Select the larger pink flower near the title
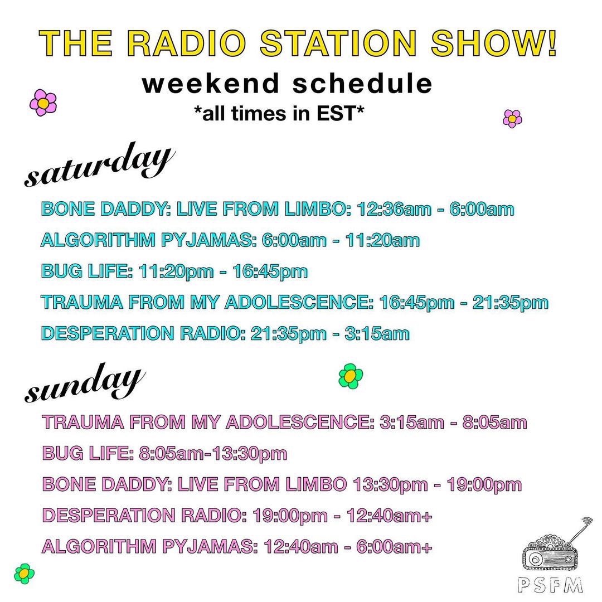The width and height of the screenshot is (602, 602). pos(43,103)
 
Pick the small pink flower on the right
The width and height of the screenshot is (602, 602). pos(512,119)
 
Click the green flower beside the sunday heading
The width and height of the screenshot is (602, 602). pos(351,376)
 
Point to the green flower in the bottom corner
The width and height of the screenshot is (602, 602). pos(24,573)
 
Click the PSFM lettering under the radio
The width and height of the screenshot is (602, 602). pos(550,585)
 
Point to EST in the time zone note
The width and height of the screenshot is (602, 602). pos(341,113)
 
